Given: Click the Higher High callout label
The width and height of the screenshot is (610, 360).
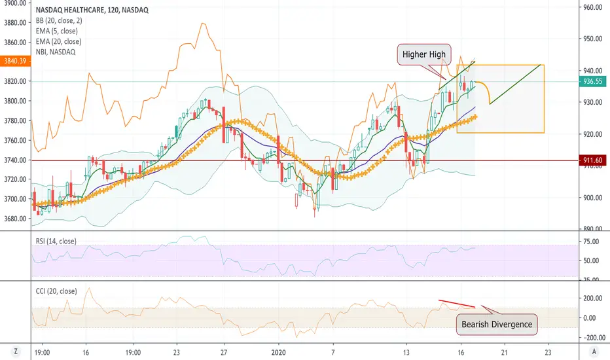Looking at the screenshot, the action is click(423, 54).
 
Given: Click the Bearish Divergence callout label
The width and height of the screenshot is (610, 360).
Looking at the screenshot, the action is click(497, 324).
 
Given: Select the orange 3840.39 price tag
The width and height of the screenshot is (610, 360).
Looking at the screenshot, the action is click(15, 61).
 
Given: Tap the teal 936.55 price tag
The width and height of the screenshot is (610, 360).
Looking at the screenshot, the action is click(592, 81).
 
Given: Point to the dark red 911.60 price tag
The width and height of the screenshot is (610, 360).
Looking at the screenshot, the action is click(592, 160).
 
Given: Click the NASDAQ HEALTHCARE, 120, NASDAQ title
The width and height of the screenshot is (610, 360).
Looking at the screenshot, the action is click(92, 10).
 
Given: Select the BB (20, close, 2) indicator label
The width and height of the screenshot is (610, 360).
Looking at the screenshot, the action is click(59, 21).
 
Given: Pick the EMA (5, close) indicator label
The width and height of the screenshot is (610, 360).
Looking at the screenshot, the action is click(56, 31).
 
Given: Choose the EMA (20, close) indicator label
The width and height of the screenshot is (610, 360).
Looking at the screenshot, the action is click(58, 42).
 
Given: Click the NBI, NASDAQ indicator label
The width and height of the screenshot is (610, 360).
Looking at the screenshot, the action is click(55, 52).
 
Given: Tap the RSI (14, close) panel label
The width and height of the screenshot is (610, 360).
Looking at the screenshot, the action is click(56, 242).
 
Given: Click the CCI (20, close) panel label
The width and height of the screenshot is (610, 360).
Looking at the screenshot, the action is click(56, 291).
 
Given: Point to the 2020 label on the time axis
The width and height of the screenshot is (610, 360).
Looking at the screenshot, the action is click(279, 353).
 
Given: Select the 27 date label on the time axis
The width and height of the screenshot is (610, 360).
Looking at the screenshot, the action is click(224, 353).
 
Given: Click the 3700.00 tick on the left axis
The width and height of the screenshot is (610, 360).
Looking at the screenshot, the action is click(15, 199).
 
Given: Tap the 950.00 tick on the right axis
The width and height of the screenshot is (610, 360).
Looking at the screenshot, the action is click(592, 39).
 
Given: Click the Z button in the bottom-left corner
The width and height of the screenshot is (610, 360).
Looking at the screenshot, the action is click(16, 351).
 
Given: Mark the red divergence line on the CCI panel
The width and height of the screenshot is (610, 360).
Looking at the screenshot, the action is click(457, 304).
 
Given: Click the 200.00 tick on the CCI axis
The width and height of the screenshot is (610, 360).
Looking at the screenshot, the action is click(592, 298).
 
